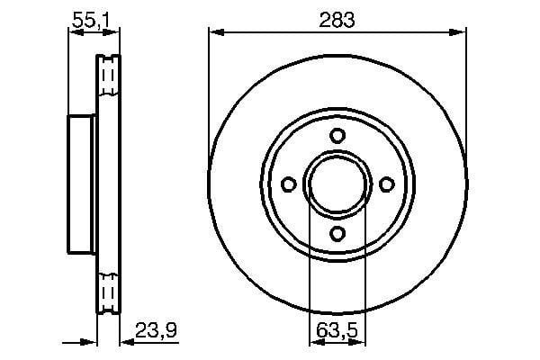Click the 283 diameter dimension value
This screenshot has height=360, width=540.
337,20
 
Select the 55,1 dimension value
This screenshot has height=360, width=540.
91,21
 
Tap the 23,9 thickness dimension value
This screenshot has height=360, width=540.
157,330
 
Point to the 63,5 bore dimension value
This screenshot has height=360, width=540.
337,330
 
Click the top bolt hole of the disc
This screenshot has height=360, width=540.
337,135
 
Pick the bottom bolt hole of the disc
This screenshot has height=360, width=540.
337,234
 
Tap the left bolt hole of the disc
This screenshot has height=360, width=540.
289,184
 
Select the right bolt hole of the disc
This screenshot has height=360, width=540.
387,184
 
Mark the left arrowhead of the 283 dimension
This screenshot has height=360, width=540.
216,32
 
